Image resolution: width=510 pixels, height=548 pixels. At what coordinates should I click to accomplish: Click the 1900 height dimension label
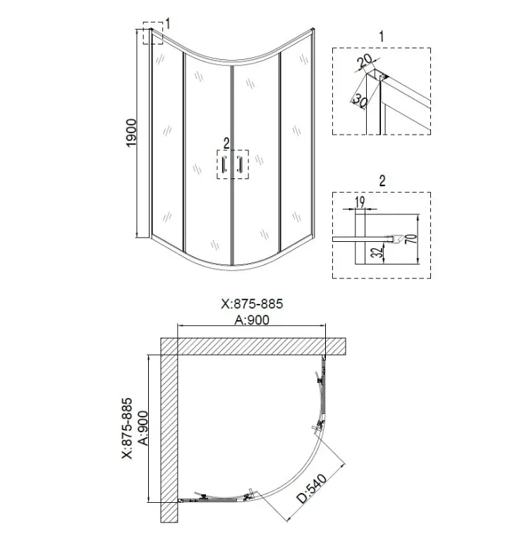pyautogui.click(x=131, y=133)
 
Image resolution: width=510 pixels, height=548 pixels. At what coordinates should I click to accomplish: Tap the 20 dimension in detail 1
pyautogui.click(x=364, y=61)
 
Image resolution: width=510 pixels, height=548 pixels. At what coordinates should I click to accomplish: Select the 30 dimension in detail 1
pyautogui.click(x=360, y=100)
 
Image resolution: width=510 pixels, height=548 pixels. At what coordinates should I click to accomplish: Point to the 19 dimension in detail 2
pyautogui.click(x=360, y=202)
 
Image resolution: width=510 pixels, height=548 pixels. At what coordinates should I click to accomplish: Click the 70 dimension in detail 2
pyautogui.click(x=412, y=238)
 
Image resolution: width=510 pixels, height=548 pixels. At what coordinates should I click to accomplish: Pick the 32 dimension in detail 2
pyautogui.click(x=377, y=252)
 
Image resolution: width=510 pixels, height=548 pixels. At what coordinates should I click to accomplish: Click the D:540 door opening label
pyautogui.click(x=312, y=489)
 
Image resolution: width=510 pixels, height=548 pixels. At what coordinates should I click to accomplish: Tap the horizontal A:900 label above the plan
pyautogui.click(x=252, y=319)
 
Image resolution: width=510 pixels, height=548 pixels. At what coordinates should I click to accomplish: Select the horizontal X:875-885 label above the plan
pyautogui.click(x=252, y=304)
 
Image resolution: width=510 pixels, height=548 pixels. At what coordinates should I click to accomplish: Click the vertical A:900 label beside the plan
pyautogui.click(x=143, y=428)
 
